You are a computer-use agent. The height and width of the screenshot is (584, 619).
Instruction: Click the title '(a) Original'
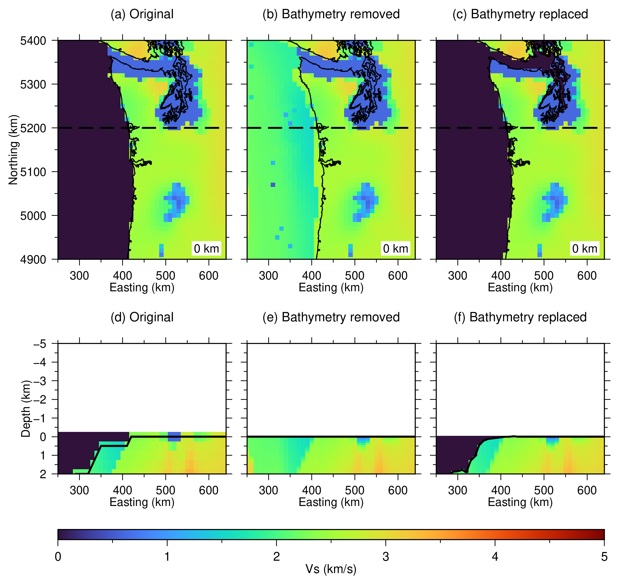[x=142, y=14]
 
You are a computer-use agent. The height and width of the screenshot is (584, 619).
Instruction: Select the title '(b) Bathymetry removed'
[x=331, y=14]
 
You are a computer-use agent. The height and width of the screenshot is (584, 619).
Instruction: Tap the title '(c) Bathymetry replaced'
[x=520, y=14]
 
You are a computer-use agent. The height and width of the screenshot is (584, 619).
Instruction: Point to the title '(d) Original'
[x=142, y=317]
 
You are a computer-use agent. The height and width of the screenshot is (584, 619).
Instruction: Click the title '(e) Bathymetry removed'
[x=331, y=317]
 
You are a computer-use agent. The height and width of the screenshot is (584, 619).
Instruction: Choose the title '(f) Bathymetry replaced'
[x=520, y=317]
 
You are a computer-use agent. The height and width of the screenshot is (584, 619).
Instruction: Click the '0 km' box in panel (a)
[x=207, y=249]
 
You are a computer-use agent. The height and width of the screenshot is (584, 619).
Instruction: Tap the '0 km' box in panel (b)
[x=395, y=249]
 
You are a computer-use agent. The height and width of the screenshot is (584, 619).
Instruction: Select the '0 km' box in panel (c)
[x=585, y=249]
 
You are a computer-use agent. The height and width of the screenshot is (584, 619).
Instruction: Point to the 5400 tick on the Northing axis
[x=33, y=41]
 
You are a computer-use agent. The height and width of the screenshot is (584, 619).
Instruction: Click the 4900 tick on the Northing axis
[x=33, y=259]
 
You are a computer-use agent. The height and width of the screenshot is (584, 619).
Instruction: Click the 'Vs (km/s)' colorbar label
[x=331, y=569]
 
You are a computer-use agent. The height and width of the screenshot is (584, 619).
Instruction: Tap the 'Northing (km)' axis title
[x=13, y=150]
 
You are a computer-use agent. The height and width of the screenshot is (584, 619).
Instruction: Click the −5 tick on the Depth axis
[x=40, y=344]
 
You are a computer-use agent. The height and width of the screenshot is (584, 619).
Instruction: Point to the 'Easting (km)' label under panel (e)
[x=331, y=502]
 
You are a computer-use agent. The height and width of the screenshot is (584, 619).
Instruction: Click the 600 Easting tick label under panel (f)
[x=587, y=491]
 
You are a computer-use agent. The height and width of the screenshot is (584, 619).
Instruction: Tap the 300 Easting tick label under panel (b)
[x=268, y=276]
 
